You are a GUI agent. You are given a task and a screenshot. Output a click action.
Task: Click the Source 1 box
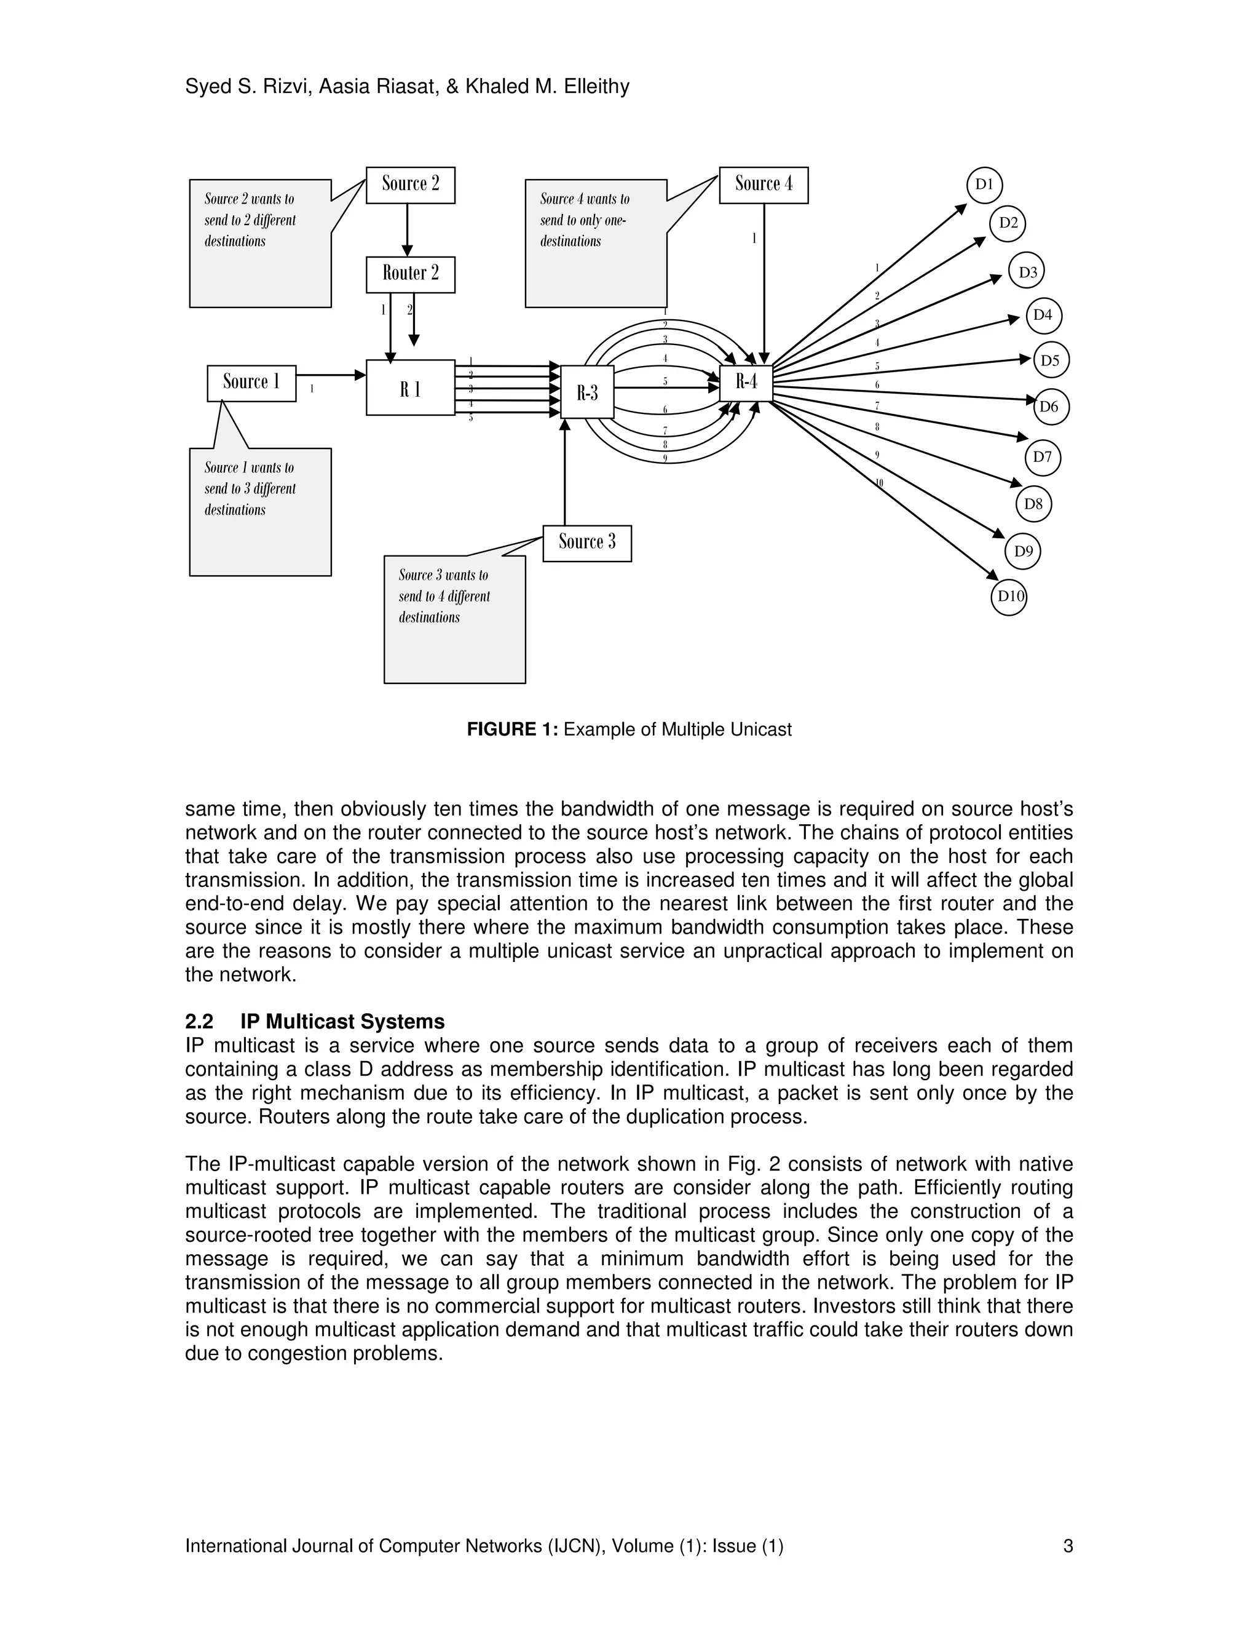pyautogui.click(x=251, y=383)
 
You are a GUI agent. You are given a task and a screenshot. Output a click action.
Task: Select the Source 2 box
pyautogui.click(x=410, y=185)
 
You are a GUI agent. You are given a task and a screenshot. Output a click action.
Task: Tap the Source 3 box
pyautogui.click(x=587, y=543)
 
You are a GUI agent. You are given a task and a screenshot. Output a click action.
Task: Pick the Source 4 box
pyautogui.click(x=763, y=185)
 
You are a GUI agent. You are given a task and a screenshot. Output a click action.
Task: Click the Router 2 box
pyautogui.click(x=410, y=275)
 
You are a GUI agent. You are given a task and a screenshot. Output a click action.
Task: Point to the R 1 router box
pyautogui.click(x=410, y=388)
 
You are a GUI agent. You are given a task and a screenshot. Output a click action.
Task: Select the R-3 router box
pyautogui.click(x=587, y=392)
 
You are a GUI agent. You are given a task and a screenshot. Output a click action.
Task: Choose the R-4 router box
pyautogui.click(x=746, y=382)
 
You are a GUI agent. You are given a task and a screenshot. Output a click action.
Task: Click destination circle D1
pyautogui.click(x=985, y=185)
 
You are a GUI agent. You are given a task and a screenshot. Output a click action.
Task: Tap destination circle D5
pyautogui.click(x=1051, y=360)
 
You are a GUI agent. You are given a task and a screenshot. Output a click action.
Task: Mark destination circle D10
pyautogui.click(x=1009, y=596)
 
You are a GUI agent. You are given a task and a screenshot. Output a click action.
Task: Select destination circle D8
pyautogui.click(x=1033, y=504)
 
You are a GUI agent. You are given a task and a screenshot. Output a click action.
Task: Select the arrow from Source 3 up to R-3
pyautogui.click(x=564, y=474)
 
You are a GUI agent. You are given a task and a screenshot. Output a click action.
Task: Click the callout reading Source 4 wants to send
pyautogui.click(x=595, y=242)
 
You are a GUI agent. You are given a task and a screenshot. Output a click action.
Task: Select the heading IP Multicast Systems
pyautogui.click(x=342, y=1022)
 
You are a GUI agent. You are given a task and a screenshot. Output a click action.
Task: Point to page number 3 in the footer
pyautogui.click(x=1068, y=1546)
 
